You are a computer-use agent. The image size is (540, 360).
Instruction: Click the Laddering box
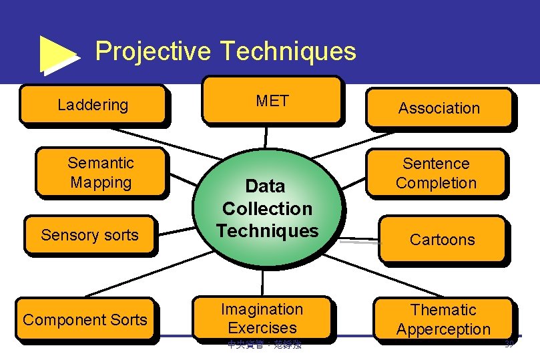93,104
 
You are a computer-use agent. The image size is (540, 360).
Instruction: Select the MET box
272,101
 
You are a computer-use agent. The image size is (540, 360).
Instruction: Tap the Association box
439,108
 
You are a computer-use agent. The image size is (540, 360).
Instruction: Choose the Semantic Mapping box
101,172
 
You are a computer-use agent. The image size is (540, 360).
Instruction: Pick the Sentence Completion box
437,173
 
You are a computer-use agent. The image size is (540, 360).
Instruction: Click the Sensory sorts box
89,234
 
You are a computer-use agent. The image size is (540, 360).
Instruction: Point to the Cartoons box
442,239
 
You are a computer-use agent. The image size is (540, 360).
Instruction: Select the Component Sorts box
85,320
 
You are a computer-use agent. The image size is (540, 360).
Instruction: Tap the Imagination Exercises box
262,318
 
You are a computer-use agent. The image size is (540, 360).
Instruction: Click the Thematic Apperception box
443,319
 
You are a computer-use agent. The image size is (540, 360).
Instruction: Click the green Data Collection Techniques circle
267,208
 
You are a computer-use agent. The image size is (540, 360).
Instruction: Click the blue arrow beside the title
59,53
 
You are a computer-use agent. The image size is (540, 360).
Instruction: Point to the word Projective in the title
153,51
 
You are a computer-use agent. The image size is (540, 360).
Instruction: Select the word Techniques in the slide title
288,51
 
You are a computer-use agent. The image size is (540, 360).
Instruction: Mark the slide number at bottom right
509,344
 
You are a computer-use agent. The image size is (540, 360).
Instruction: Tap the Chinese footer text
264,345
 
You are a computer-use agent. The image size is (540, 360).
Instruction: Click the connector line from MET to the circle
266,136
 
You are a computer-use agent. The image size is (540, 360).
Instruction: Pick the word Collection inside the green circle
267,208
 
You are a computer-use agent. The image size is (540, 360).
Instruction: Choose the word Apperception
443,329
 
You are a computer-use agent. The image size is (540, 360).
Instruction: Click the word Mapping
101,182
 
